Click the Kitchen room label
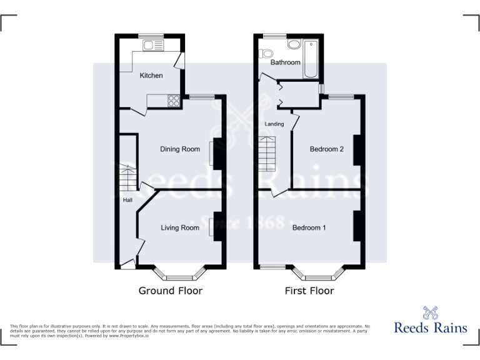(x=151, y=76)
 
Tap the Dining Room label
(x=180, y=149)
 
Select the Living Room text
(x=180, y=228)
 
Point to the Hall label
(x=127, y=201)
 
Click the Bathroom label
(x=285, y=62)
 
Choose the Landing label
(x=274, y=124)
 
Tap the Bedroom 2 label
(x=327, y=149)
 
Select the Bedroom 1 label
(x=309, y=228)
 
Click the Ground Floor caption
(x=170, y=291)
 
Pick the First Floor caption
(x=309, y=291)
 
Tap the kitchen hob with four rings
(x=173, y=100)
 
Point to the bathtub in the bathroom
(x=311, y=58)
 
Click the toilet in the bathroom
(x=267, y=52)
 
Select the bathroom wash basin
(x=294, y=44)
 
